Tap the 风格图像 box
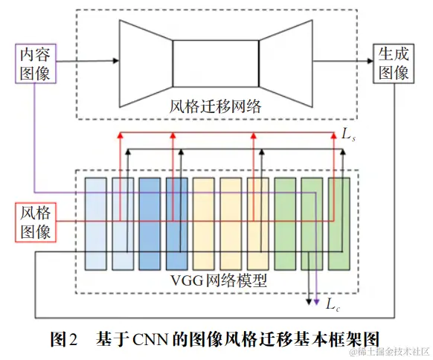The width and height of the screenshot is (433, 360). click(35, 222)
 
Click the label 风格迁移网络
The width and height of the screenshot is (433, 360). click(216, 106)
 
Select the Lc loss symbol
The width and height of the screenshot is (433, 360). click(333, 303)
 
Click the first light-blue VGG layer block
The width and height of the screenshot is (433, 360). click(96, 224)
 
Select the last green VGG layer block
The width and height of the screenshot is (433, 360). click(339, 224)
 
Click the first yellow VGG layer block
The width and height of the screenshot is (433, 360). click(204, 224)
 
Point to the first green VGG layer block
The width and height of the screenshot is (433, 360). click(285, 224)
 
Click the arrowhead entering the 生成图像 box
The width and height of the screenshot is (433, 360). click(369, 62)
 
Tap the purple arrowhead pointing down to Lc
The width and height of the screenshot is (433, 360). click(318, 301)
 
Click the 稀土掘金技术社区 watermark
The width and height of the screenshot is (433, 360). click(387, 350)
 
